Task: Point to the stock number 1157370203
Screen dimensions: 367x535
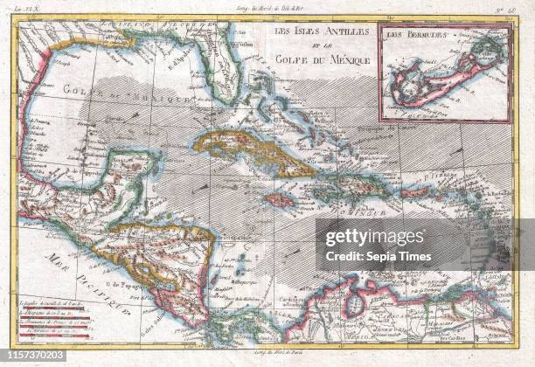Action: [x=33, y=358]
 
